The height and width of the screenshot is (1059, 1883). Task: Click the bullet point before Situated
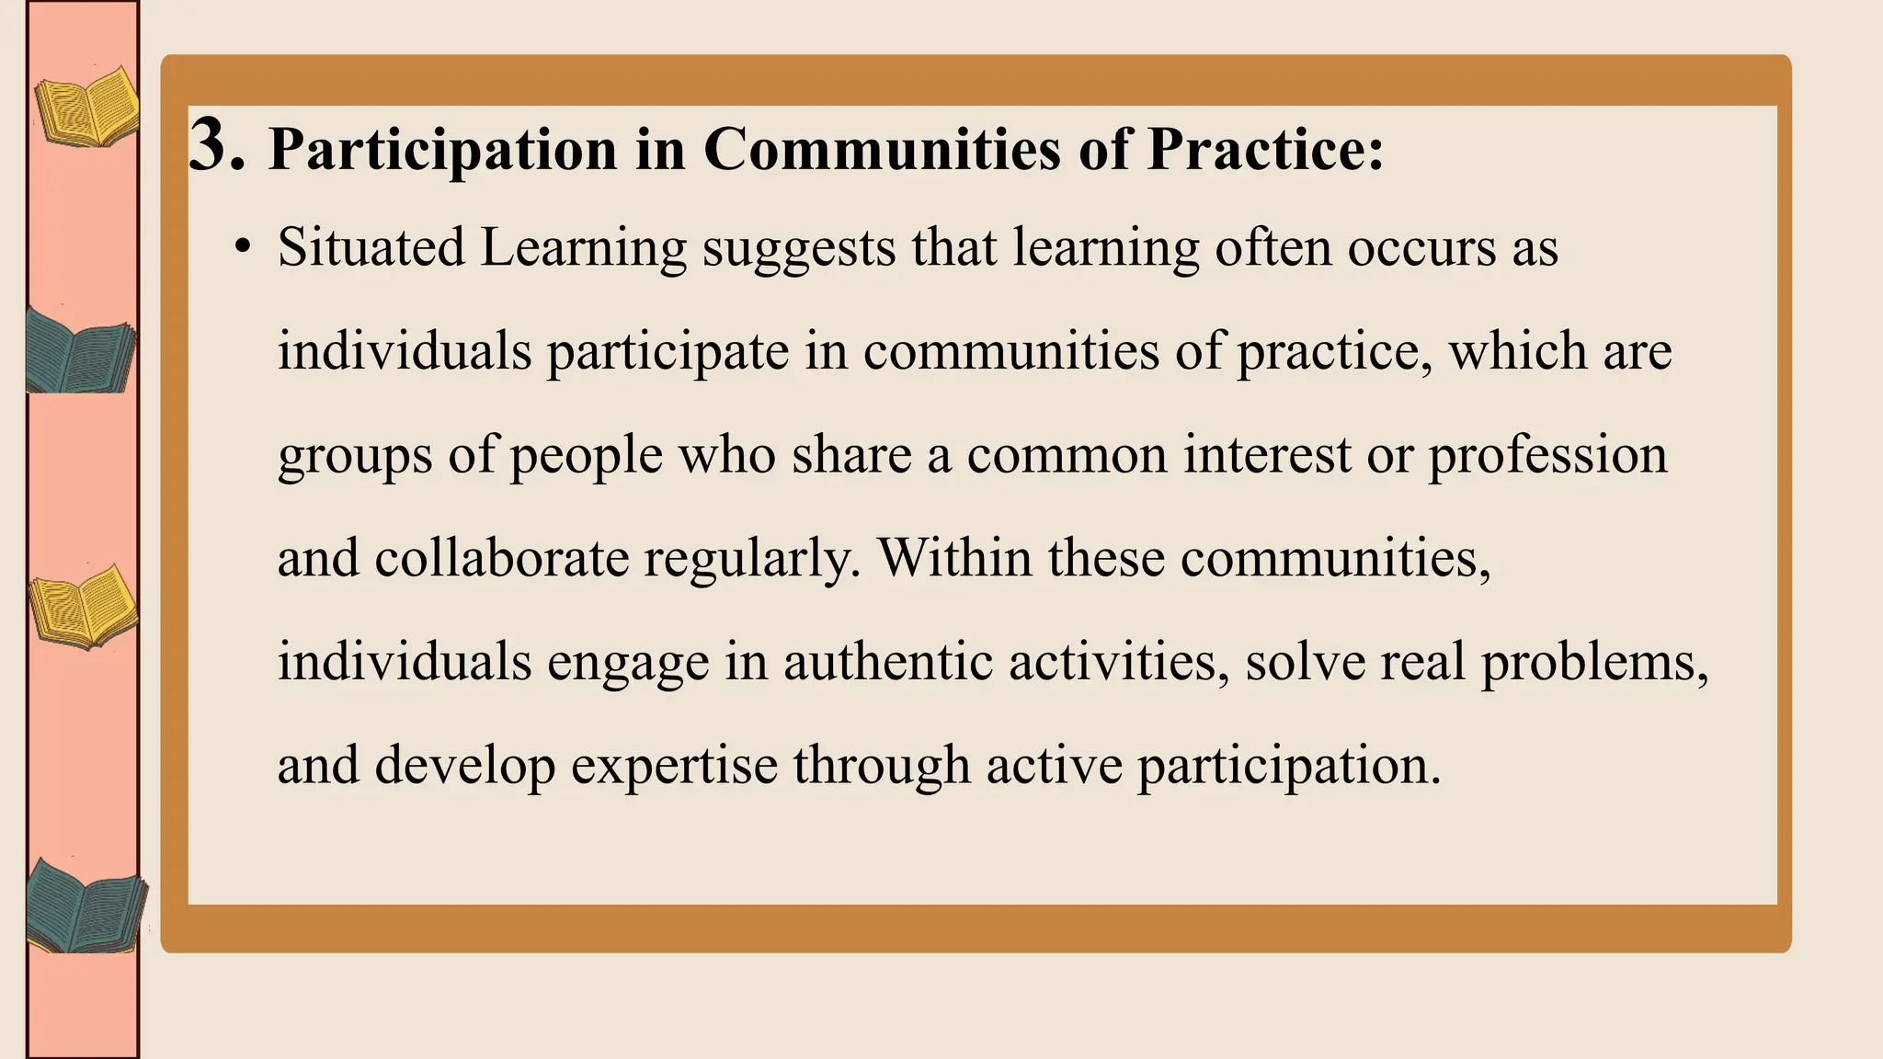242,248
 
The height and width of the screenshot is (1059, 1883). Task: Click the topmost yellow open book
86,108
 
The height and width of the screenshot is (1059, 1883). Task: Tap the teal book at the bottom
86,905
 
